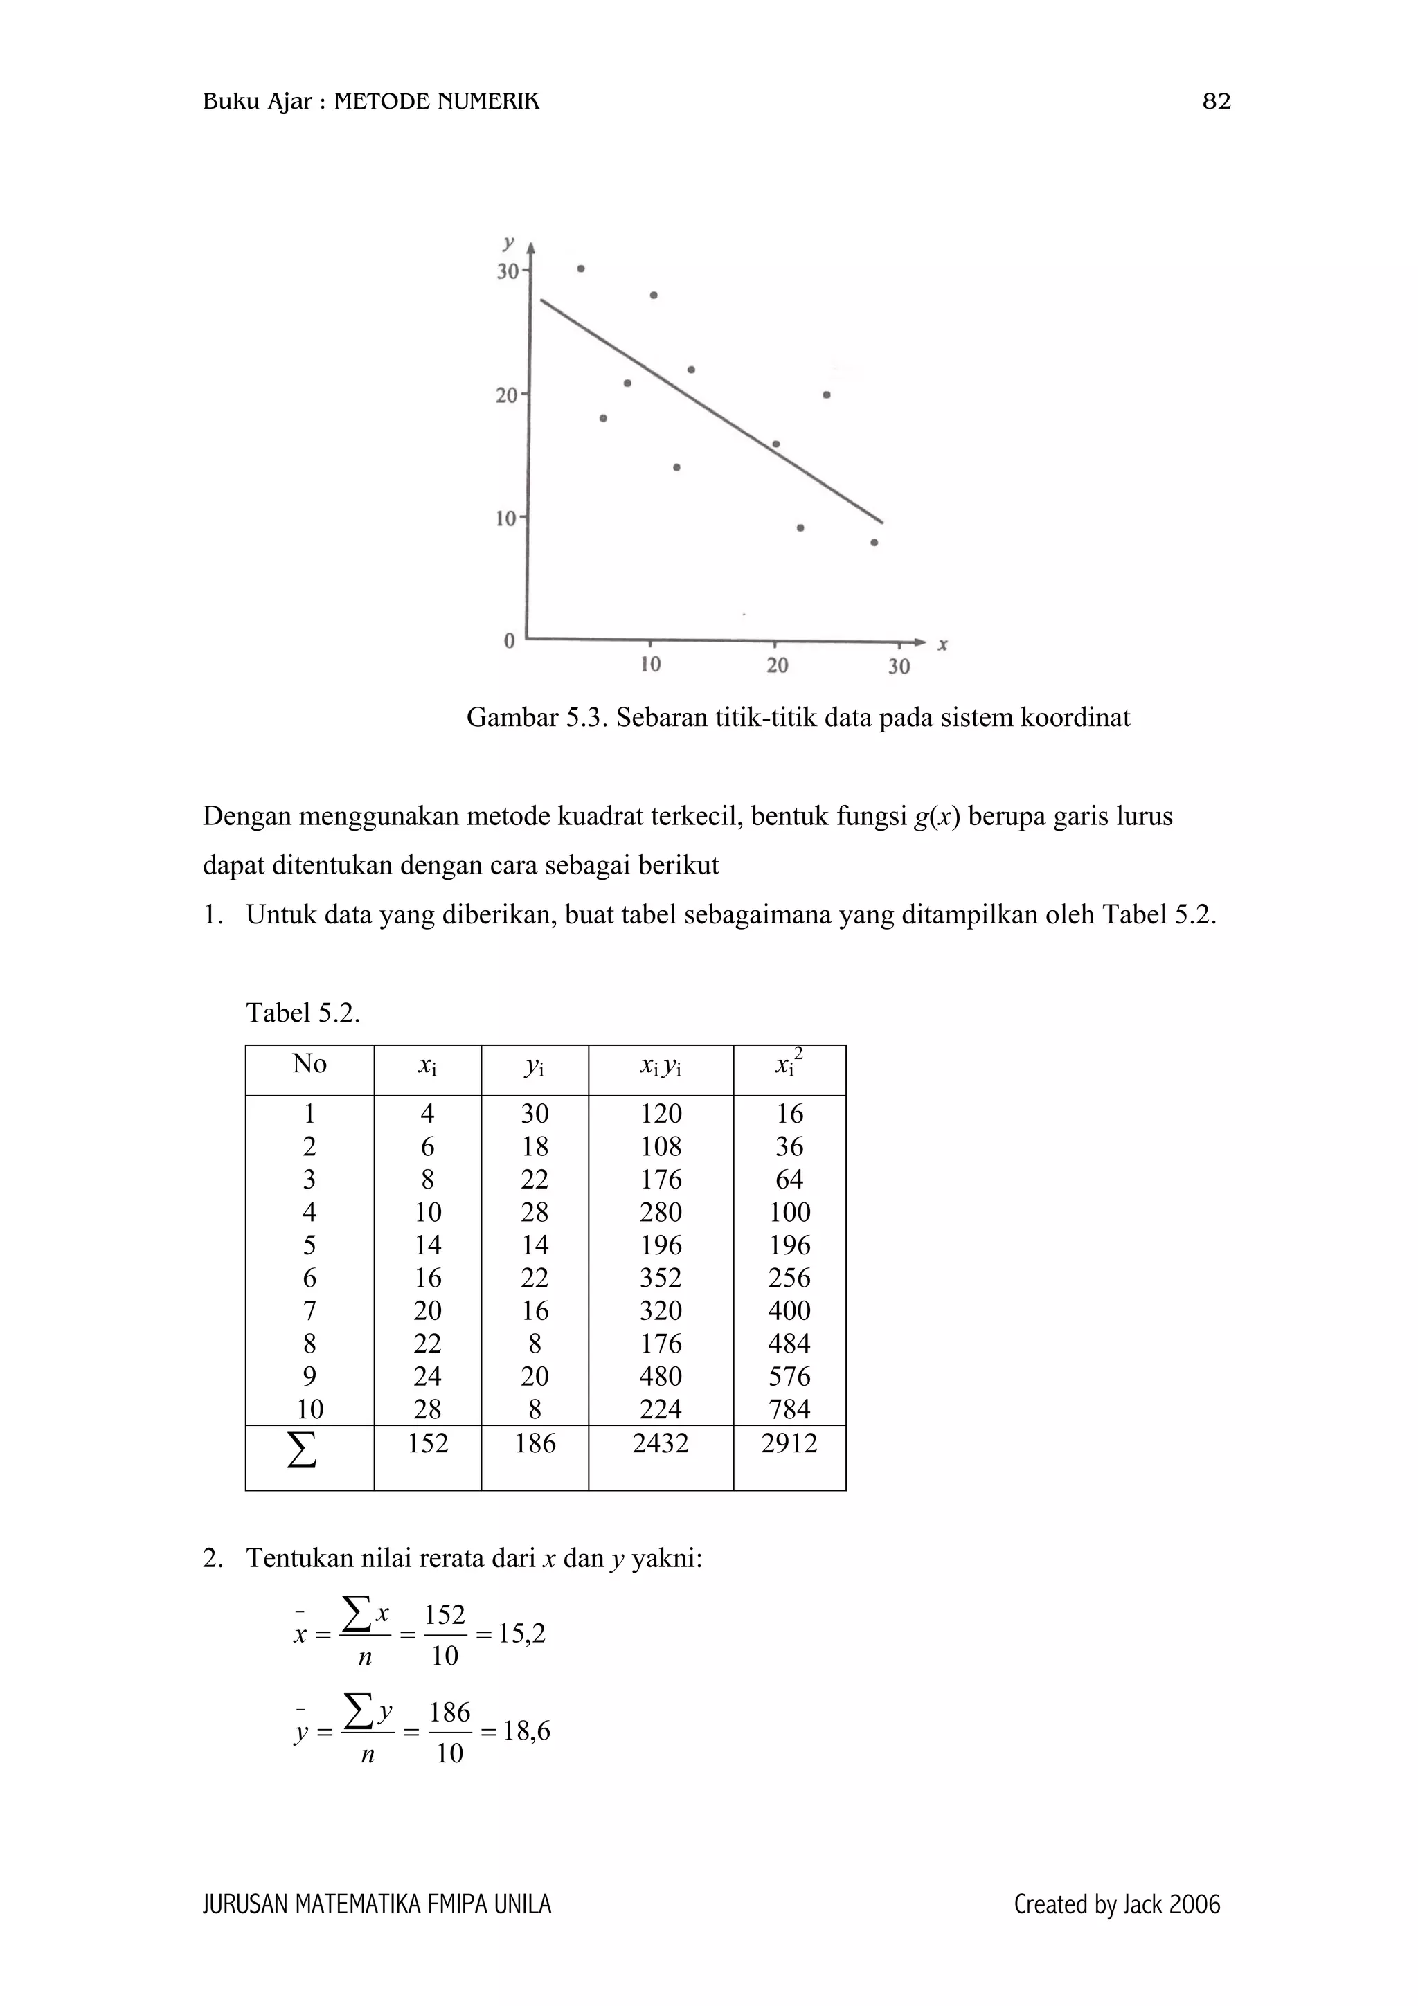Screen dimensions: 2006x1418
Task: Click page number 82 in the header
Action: [1217, 102]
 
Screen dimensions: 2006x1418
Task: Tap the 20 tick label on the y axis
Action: [507, 396]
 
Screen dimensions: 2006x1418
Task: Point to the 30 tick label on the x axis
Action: [899, 667]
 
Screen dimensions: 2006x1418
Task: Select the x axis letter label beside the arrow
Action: [943, 645]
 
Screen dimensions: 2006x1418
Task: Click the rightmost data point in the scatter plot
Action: [874, 543]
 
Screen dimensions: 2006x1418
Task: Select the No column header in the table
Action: [309, 1063]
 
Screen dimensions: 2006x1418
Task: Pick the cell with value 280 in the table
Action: [661, 1213]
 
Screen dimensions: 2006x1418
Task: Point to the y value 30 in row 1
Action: [535, 1114]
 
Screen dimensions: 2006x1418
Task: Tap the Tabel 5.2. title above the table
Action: [303, 1013]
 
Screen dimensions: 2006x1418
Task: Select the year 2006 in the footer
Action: [1194, 1905]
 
